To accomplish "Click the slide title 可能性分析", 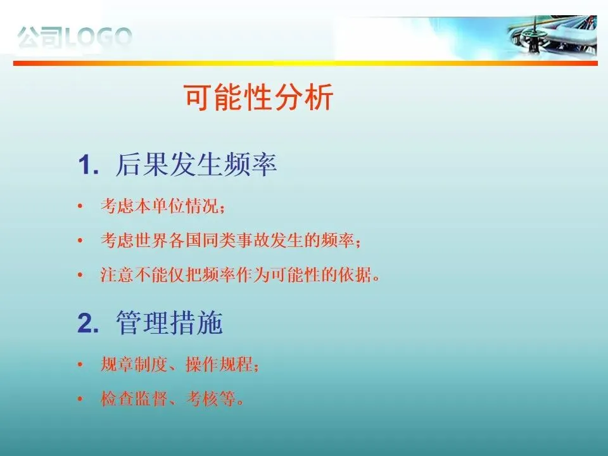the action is click(258, 98).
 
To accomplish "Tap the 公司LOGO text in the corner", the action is click(75, 37).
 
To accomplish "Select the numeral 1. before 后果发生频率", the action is click(89, 165).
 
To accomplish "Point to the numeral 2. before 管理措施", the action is click(89, 322).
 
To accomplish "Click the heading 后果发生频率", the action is click(196, 165).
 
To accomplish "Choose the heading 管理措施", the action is click(170, 322).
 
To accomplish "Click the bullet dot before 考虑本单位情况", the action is click(80, 206).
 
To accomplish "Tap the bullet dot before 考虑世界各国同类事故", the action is click(80, 241).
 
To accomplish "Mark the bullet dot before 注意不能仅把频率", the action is click(80, 275).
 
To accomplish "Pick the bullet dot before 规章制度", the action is click(80, 365).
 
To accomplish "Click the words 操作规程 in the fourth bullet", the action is click(219, 365).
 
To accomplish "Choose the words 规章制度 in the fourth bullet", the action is click(134, 365).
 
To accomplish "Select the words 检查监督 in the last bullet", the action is click(134, 398).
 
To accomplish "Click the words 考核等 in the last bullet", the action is click(210, 398).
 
